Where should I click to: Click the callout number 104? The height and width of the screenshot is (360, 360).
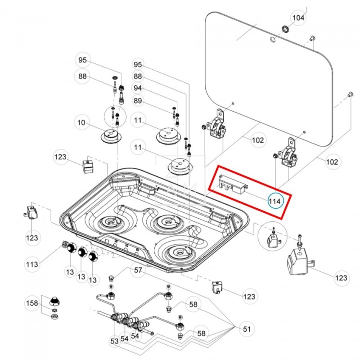[298, 18]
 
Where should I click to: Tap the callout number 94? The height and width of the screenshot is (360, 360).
[138, 88]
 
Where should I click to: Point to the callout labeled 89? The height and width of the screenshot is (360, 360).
[138, 100]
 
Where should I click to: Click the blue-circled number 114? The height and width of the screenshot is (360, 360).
[275, 201]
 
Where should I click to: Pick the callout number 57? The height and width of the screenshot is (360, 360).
[138, 270]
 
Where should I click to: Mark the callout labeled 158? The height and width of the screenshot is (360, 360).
[32, 303]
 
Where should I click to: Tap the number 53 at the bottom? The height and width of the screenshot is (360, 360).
[114, 341]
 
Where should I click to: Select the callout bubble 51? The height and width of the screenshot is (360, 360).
[246, 329]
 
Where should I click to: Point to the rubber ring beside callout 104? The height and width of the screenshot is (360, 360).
[285, 30]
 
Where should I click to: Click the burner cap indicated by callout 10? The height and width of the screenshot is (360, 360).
[111, 135]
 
